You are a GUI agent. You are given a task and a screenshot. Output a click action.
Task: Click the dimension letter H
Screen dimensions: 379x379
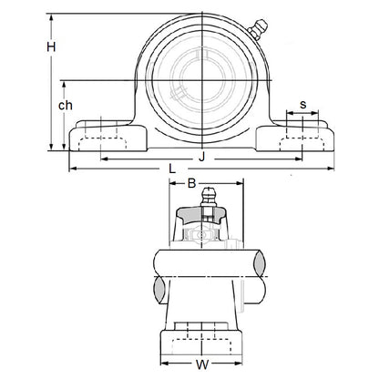click(52, 46)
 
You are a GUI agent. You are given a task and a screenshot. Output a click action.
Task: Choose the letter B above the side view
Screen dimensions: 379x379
click(191, 184)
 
